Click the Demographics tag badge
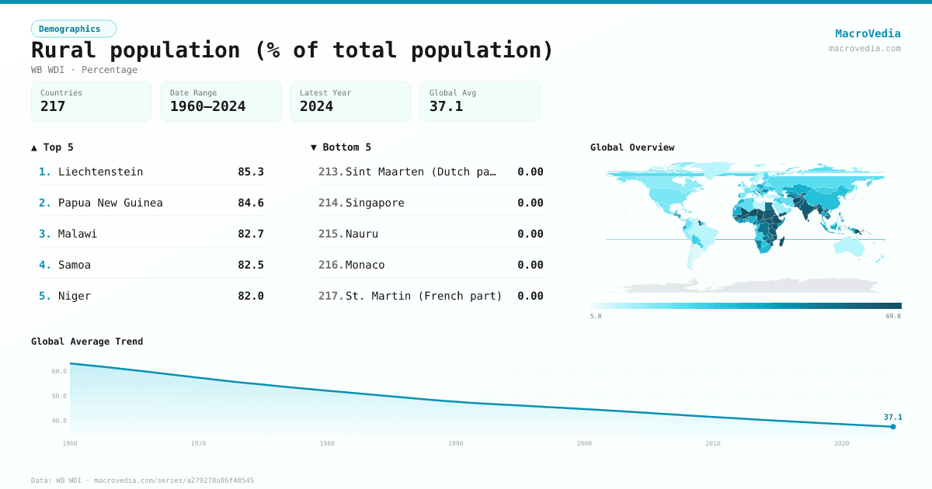[x=73, y=29]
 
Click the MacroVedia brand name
[x=868, y=33]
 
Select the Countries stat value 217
[x=53, y=106]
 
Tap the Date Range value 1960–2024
[x=207, y=106]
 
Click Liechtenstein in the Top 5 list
[x=100, y=172]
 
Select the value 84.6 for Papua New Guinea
[x=251, y=203]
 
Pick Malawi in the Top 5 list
[x=78, y=234]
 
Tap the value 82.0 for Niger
[x=251, y=296]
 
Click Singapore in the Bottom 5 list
[x=374, y=203]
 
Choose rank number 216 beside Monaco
[x=331, y=265]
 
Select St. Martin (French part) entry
[x=423, y=296]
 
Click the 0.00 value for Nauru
[x=530, y=234]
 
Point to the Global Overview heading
[x=632, y=147]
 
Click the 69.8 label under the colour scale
[x=893, y=317]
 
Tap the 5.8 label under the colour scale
[x=596, y=317]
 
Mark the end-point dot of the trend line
[x=893, y=426]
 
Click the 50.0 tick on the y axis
[x=59, y=396]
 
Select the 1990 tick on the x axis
[x=456, y=443]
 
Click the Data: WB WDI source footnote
[x=142, y=480]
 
